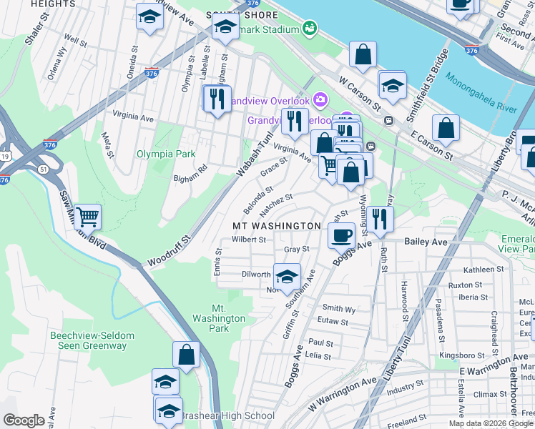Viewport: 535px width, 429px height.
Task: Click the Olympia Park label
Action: (165, 154)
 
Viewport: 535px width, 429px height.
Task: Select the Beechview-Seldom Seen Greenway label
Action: (88, 340)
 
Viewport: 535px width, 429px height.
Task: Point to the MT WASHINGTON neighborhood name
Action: (277, 226)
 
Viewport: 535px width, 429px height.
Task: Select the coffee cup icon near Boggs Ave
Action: (343, 234)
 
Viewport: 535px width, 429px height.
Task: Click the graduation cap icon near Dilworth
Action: (287, 277)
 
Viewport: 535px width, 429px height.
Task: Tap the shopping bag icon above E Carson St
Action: (446, 128)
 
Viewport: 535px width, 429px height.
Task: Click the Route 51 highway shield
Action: (44, 169)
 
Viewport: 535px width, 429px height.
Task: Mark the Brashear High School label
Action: (226, 415)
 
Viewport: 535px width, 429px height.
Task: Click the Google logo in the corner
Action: (24, 420)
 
